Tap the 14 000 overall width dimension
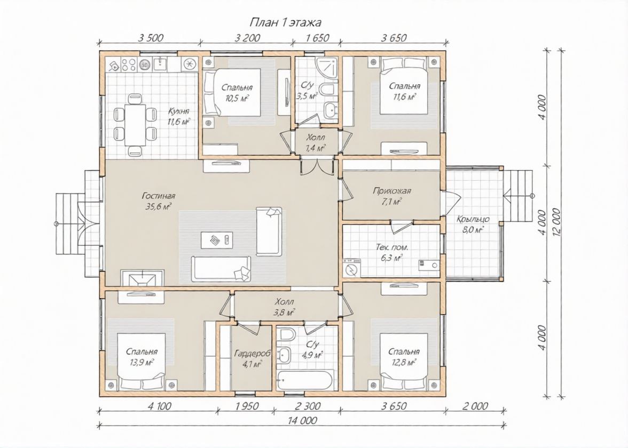302,420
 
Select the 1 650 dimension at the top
317,38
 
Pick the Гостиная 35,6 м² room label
158,201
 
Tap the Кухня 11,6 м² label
178,116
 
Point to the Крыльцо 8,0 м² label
473,224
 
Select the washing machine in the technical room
352,268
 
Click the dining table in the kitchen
135,125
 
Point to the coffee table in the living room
217,239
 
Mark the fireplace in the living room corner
142,277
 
